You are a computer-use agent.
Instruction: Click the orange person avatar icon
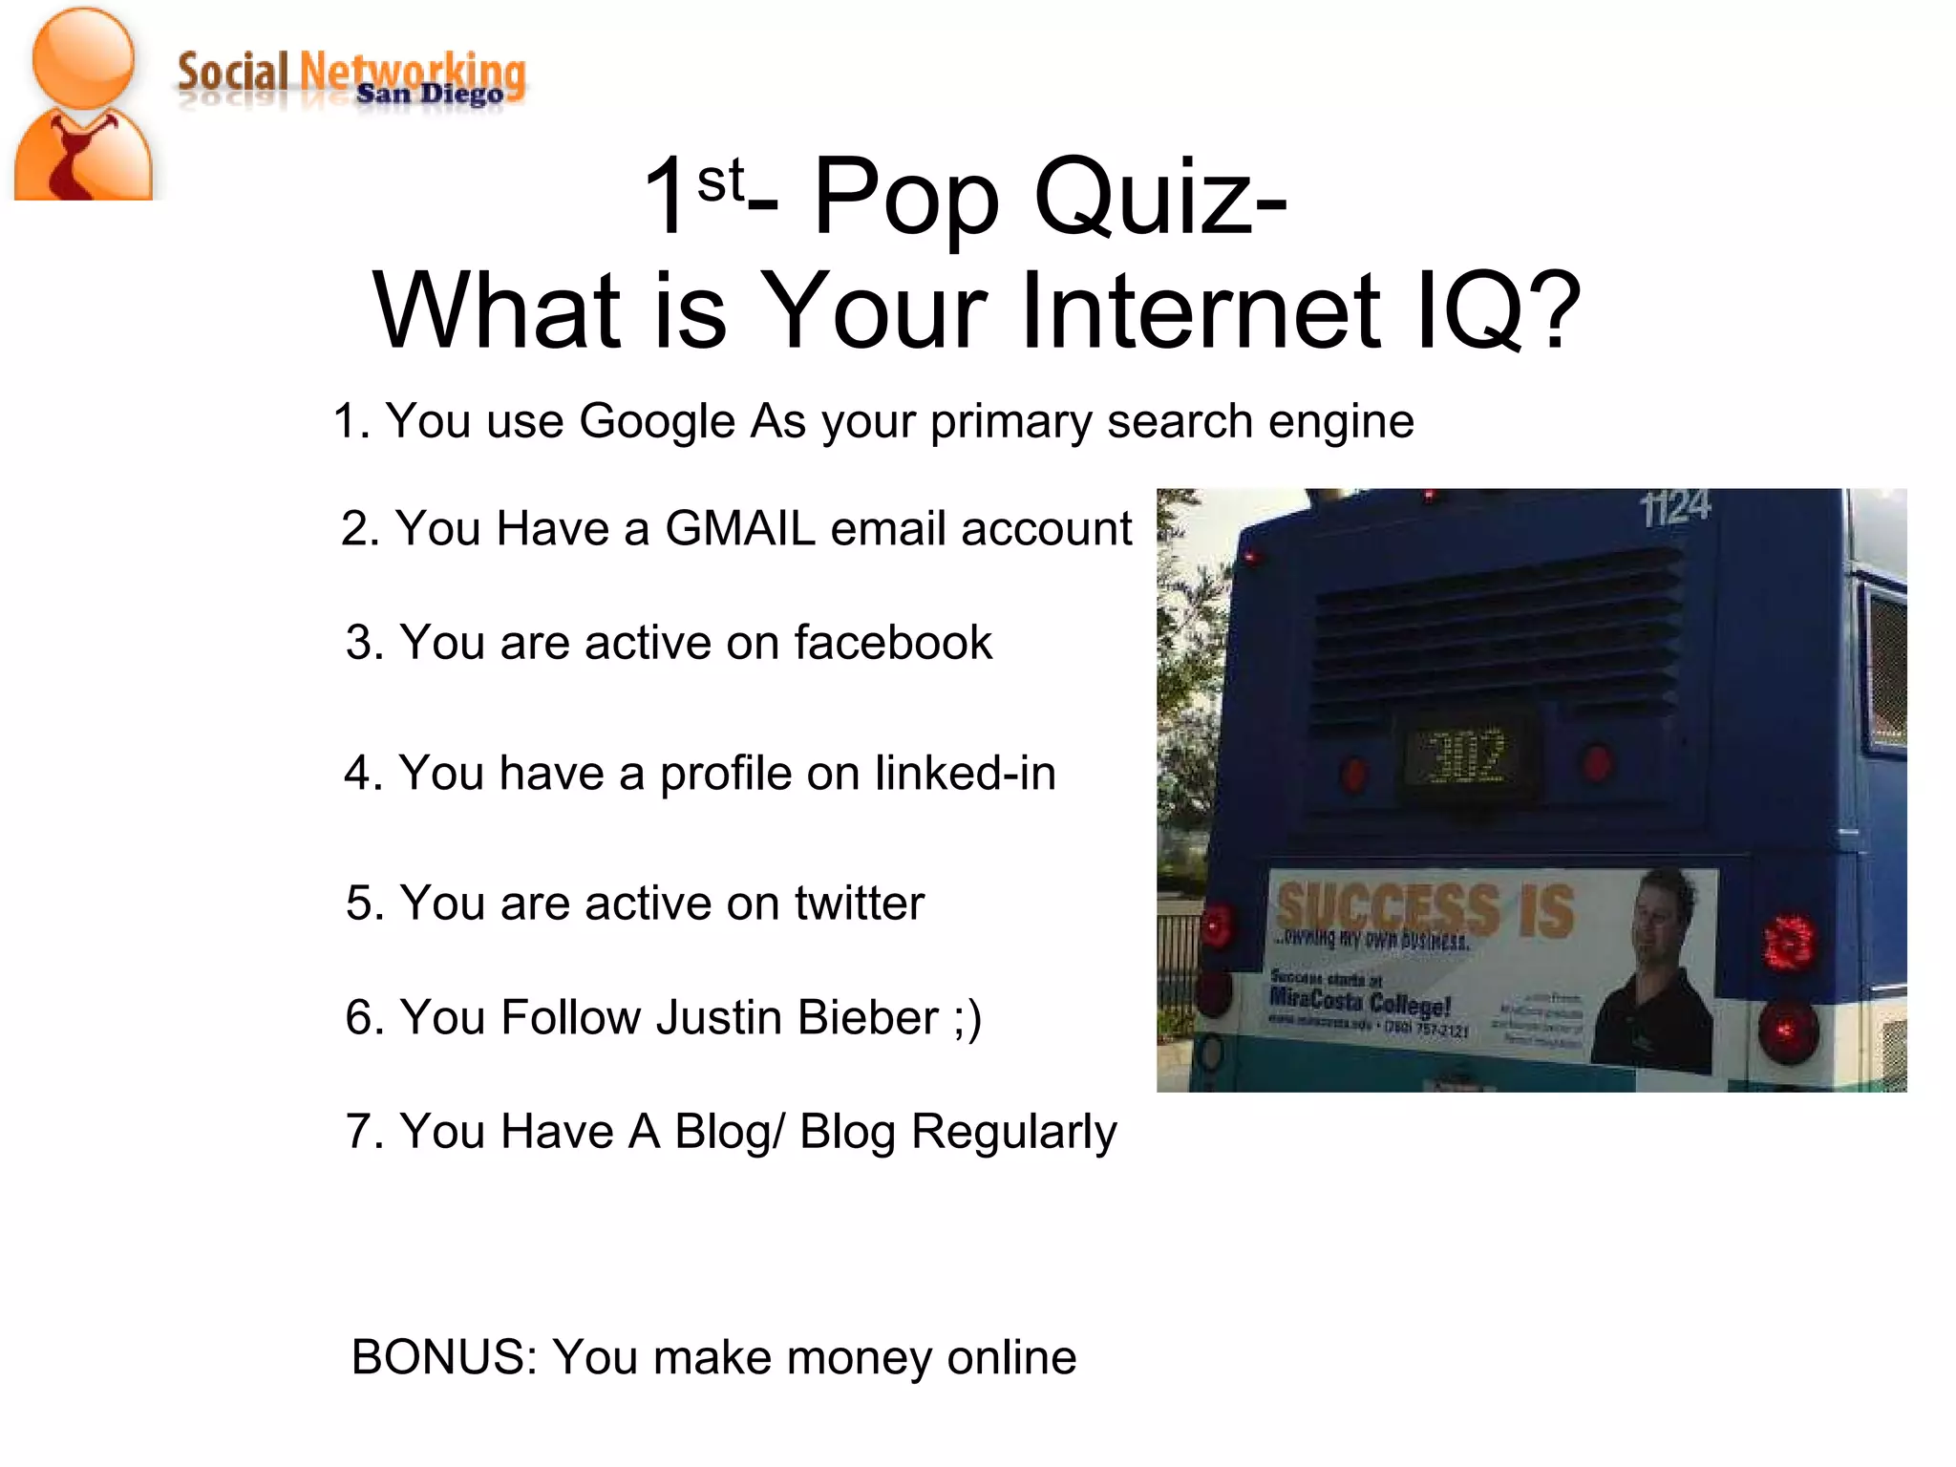point(84,105)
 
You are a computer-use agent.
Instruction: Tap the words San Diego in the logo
point(429,94)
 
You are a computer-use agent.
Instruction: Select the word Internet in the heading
point(1200,310)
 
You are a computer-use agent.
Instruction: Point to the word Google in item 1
point(657,421)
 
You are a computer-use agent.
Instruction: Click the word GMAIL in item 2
point(740,528)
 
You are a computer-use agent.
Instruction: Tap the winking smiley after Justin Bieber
point(967,1018)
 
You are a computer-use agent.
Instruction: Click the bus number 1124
point(1675,508)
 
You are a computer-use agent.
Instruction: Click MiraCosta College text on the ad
point(1359,1002)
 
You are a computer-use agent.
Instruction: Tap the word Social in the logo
point(232,74)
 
